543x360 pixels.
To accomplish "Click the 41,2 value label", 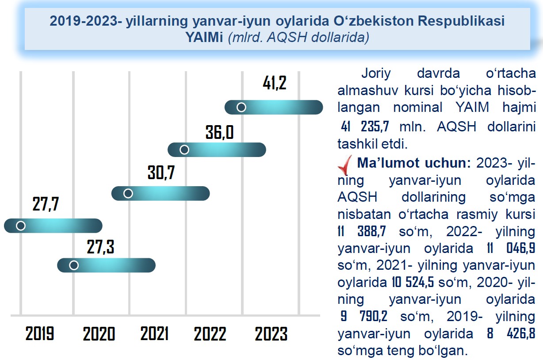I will [x=274, y=83].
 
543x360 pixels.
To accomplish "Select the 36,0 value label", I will [x=219, y=132].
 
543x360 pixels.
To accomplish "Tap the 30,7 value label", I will [x=161, y=173].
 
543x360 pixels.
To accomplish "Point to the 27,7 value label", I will [x=46, y=205].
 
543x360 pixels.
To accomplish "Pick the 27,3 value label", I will [x=100, y=247].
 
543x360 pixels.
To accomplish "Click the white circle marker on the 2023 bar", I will [x=241, y=107].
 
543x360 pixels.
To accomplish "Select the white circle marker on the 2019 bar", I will [x=20, y=226].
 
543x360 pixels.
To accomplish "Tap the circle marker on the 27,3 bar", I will [x=74, y=265].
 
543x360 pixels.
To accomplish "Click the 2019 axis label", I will [x=40, y=334].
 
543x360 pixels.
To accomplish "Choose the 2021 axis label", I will [x=154, y=334].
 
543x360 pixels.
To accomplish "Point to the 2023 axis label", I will [x=271, y=334].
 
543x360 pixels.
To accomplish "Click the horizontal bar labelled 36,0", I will [x=217, y=150].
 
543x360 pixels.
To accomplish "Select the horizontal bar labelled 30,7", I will [x=160, y=193].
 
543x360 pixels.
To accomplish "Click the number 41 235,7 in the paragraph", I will [x=365, y=126].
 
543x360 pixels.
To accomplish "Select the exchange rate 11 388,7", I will [x=359, y=231].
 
